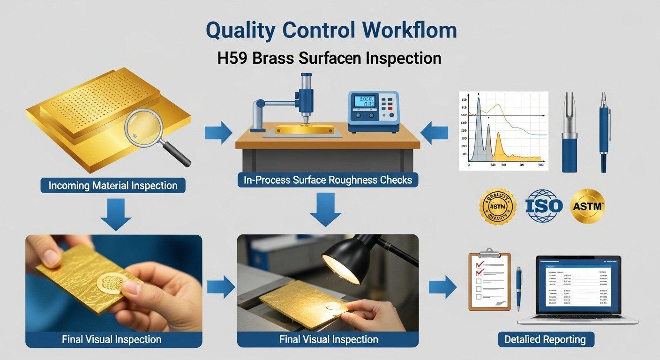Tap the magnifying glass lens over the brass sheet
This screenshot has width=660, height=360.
[143, 126]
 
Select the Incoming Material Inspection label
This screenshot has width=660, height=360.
[113, 185]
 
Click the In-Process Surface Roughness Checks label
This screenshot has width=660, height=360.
[328, 180]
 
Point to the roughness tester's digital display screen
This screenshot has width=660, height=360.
[366, 102]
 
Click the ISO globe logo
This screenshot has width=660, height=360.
[543, 205]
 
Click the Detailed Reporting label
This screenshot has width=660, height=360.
[545, 339]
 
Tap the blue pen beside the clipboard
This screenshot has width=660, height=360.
[519, 288]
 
